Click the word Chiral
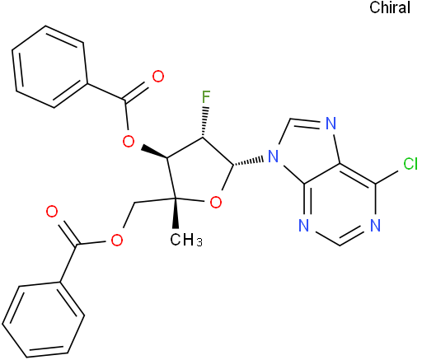390,7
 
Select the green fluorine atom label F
206,97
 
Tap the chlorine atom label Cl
410,164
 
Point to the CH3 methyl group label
186,240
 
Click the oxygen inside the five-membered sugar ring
215,203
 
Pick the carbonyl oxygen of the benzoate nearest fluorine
158,77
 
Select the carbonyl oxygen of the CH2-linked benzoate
52,212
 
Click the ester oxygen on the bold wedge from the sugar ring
129,142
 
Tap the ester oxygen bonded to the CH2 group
117,240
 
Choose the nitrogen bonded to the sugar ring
273,157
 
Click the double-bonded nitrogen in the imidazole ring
331,124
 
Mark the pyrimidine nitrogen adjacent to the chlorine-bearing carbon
375,226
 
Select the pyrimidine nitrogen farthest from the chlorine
303,226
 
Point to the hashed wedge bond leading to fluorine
204,122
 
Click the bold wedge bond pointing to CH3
176,213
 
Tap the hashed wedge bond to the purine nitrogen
248,161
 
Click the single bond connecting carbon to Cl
387,177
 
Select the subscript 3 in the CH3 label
199,242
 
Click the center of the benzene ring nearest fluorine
49,67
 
